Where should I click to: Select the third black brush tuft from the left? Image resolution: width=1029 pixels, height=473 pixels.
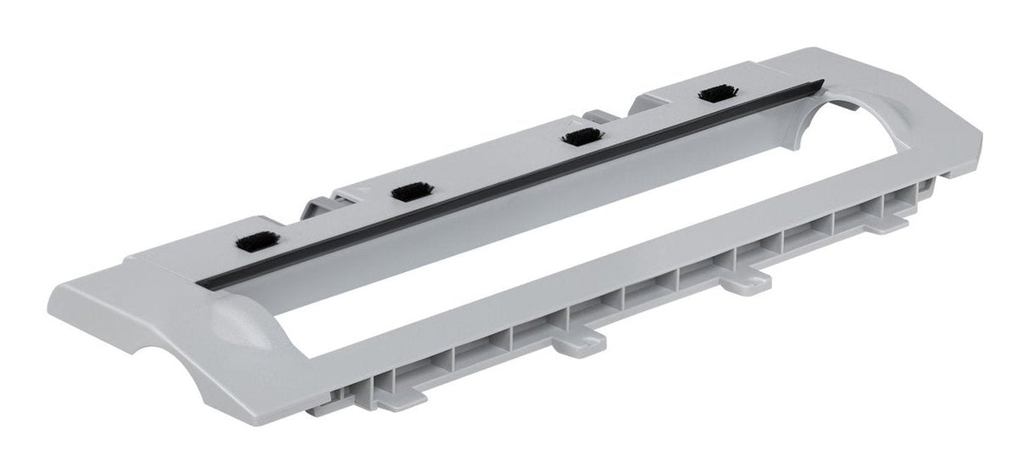[x=581, y=136]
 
